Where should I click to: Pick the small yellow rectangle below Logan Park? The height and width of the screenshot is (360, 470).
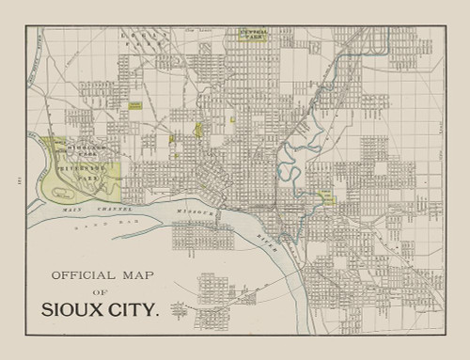click(135, 107)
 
